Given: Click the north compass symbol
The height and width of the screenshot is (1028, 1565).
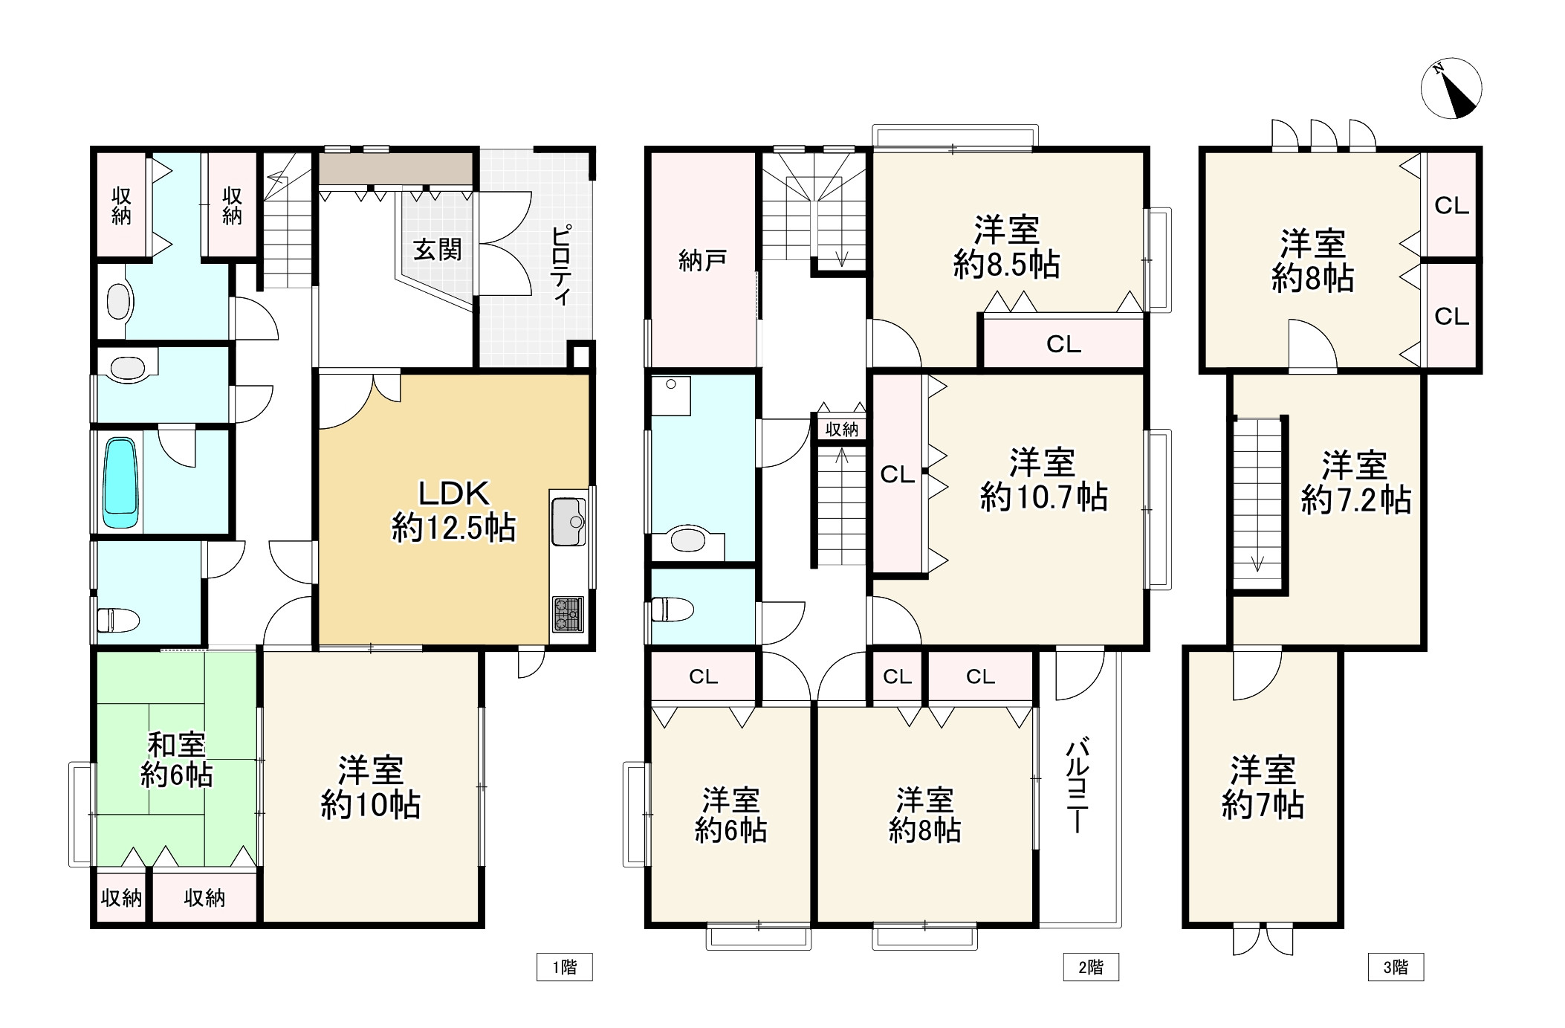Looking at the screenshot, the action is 1451,88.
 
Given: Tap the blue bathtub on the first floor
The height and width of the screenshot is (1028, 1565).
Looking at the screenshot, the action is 120,482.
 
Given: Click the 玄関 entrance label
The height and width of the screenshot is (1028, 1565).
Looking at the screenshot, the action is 438,250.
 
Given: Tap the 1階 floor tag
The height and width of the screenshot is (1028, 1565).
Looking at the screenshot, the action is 564,967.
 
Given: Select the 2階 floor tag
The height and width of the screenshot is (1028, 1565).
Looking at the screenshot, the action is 1090,967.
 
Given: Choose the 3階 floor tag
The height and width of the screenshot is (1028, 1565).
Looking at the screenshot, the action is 1396,967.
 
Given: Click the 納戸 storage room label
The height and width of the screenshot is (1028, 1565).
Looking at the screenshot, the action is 702,261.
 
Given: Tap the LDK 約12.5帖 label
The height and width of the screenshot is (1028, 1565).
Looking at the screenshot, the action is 453,511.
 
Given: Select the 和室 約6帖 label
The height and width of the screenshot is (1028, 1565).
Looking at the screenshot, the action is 177,760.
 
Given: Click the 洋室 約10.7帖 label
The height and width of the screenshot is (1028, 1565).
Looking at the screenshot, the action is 1043,480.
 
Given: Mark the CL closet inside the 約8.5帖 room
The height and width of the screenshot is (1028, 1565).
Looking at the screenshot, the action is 1063,343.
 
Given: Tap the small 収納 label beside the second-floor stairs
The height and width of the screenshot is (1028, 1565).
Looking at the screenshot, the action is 841,429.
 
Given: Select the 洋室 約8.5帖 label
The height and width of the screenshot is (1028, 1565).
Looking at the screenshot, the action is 1006,248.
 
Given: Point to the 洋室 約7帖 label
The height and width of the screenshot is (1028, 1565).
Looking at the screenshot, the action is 1263,788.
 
